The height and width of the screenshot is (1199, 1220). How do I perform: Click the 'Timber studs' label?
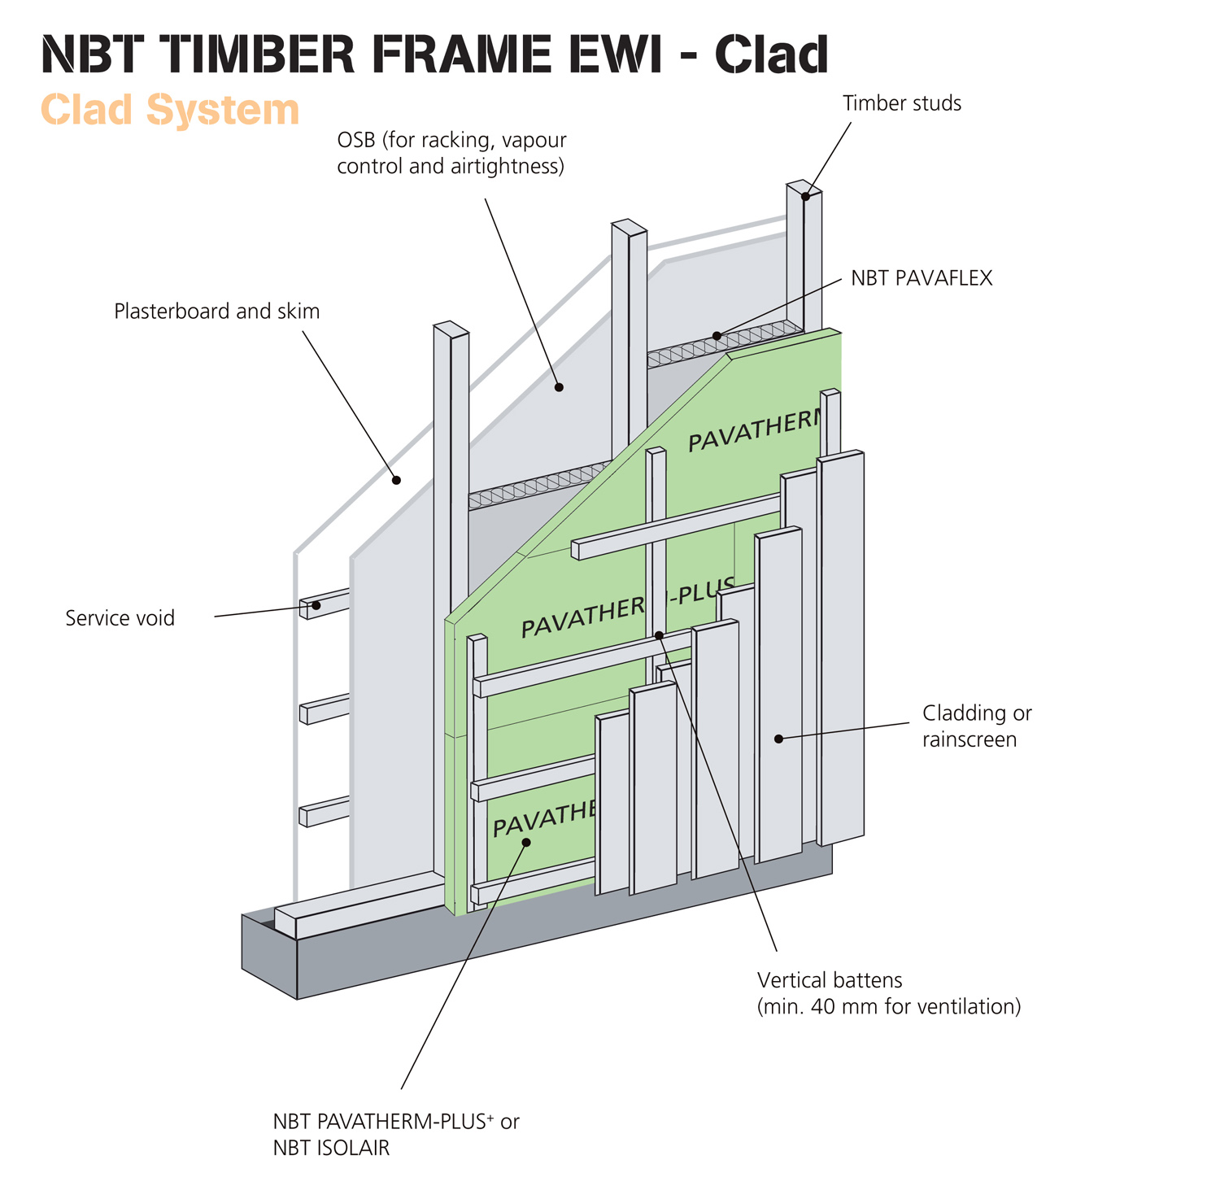pyautogui.click(x=901, y=103)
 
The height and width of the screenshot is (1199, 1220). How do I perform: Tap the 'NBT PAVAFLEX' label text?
pyautogui.click(x=922, y=278)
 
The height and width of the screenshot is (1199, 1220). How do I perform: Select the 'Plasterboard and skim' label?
pyautogui.click(x=216, y=311)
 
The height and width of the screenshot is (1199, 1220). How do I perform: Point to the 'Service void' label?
pyautogui.click(x=120, y=618)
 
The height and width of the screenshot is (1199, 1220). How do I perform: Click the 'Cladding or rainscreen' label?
pyautogui.click(x=976, y=726)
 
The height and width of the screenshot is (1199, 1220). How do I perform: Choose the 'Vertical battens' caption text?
pyautogui.click(x=830, y=980)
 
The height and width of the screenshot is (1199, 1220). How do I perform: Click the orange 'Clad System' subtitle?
pyautogui.click(x=170, y=110)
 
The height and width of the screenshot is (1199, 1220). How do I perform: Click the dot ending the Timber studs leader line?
pyautogui.click(x=805, y=196)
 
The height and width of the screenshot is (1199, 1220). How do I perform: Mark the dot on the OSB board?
pyautogui.click(x=559, y=387)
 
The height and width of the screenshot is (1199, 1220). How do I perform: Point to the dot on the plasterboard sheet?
pyautogui.click(x=397, y=480)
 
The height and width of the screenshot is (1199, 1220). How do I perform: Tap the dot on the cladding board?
pyautogui.click(x=778, y=739)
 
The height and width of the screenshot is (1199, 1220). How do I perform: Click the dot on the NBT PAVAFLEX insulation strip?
pyautogui.click(x=717, y=336)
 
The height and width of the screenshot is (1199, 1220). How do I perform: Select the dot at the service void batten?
pyautogui.click(x=316, y=605)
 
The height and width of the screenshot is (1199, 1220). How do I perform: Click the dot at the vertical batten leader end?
pyautogui.click(x=659, y=634)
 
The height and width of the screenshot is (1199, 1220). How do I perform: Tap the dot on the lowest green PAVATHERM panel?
pyautogui.click(x=526, y=842)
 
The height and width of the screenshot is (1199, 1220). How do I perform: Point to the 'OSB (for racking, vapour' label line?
pyautogui.click(x=451, y=140)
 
